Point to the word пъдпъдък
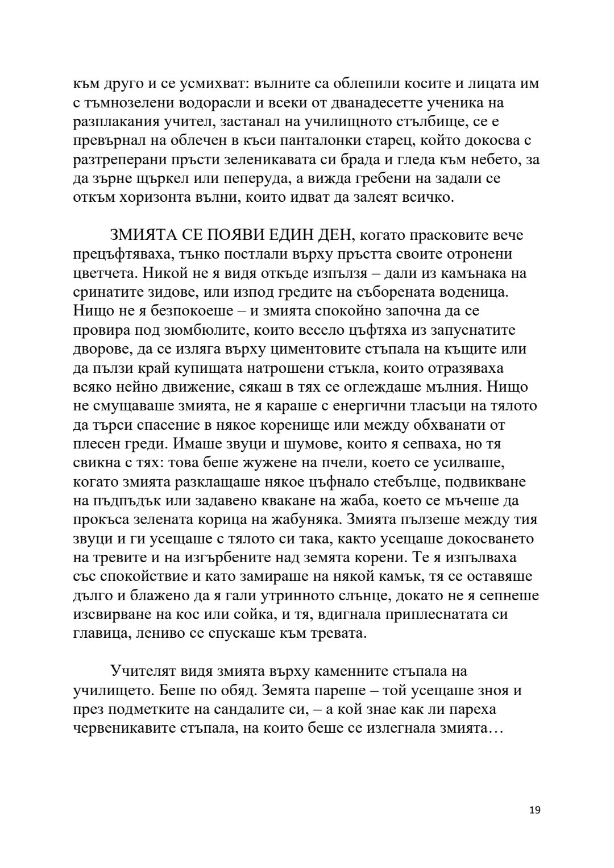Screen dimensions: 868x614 pos(121,501)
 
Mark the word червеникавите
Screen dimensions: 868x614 pos(135,728)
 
